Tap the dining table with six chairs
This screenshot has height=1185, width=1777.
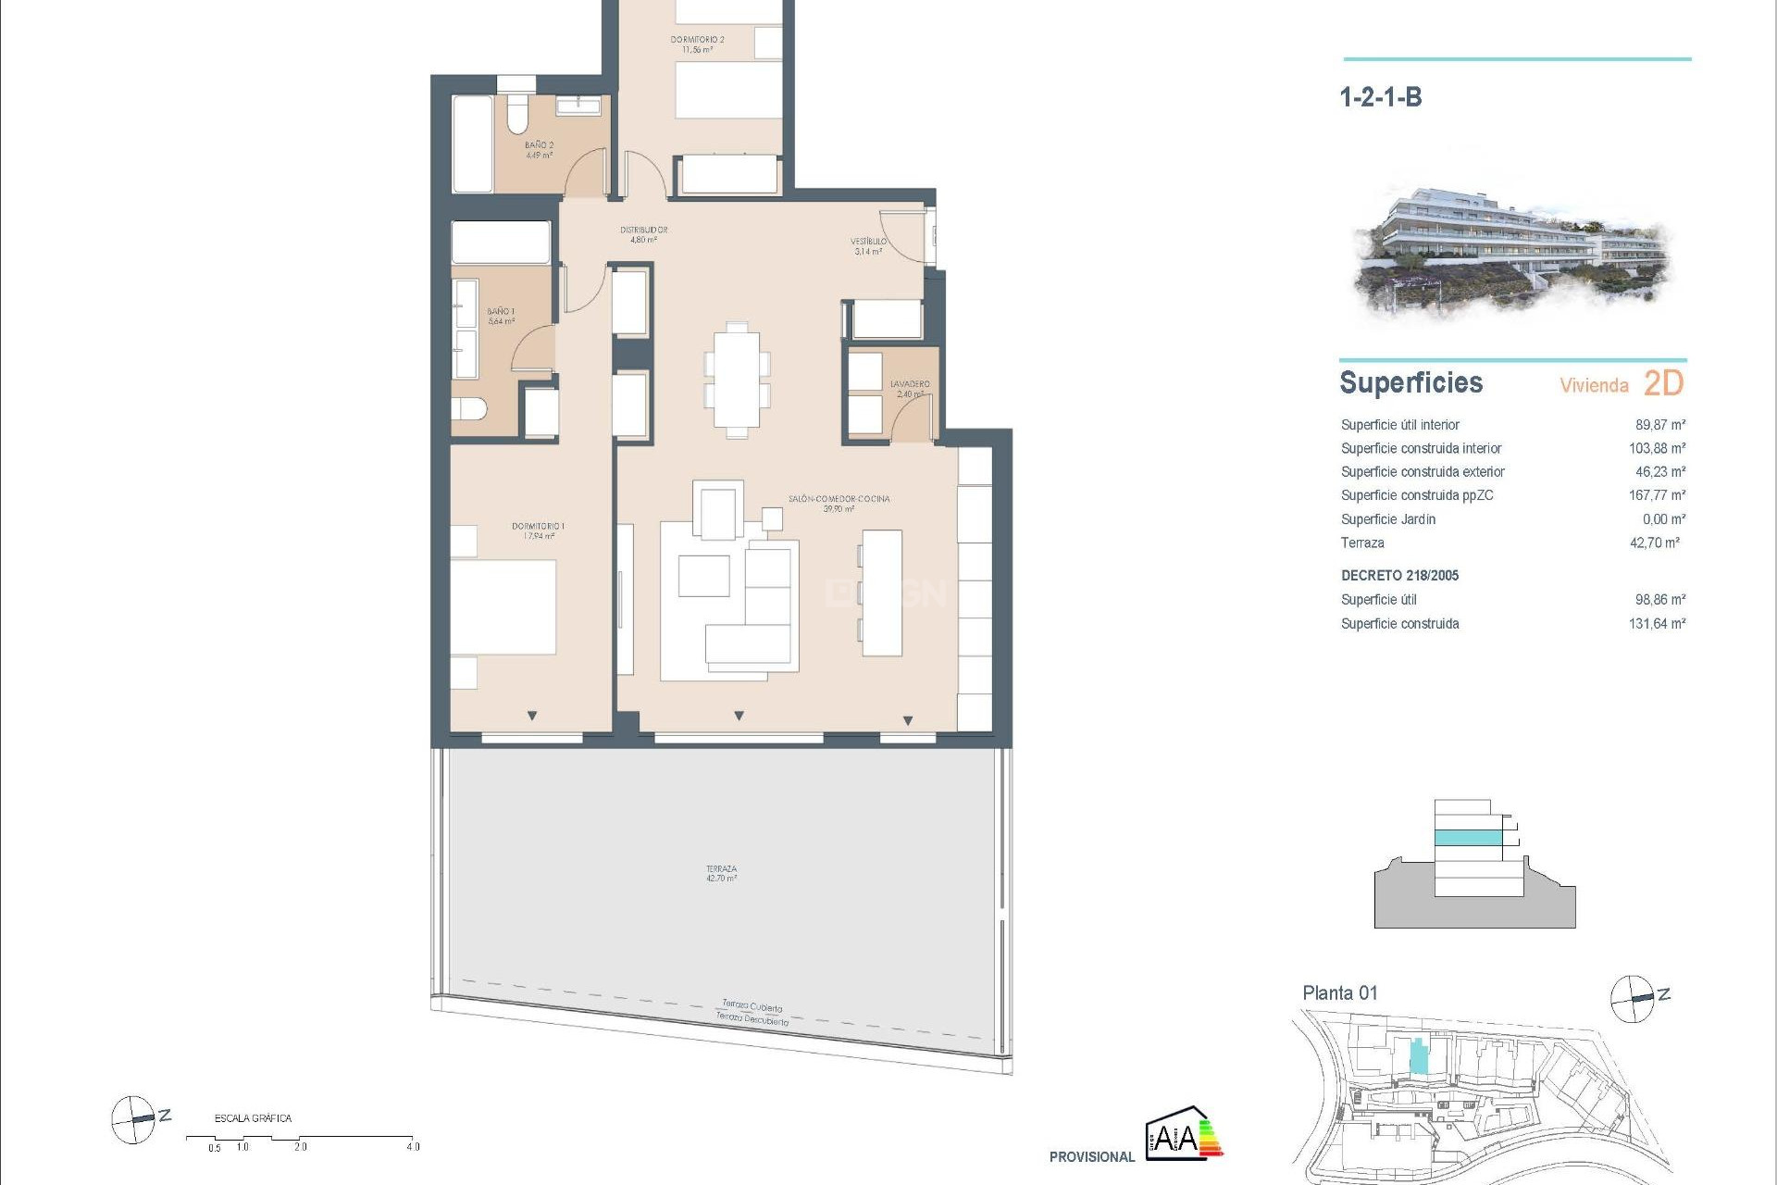click(737, 380)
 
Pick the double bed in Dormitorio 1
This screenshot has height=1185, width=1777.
click(503, 606)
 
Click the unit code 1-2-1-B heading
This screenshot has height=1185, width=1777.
click(1380, 97)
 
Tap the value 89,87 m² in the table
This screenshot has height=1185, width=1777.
click(1659, 425)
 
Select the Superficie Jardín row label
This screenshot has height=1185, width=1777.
click(1387, 519)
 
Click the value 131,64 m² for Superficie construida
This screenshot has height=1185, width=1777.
click(1657, 624)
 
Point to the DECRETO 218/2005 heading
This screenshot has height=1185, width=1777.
click(1399, 576)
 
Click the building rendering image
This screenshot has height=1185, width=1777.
click(1511, 250)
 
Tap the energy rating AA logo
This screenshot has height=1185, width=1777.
click(1183, 1133)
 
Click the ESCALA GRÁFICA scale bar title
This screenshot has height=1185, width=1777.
click(253, 1118)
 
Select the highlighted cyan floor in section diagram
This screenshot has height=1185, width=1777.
click(1467, 838)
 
